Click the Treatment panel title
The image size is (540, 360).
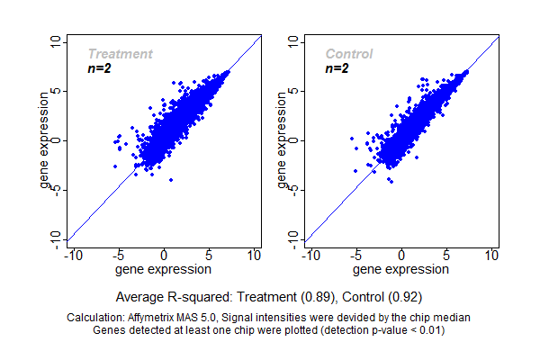[x=120, y=54]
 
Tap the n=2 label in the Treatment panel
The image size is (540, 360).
[x=98, y=67]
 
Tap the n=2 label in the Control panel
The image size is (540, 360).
[x=337, y=67]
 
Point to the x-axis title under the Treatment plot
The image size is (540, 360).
[x=164, y=268]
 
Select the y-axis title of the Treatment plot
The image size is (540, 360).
[x=46, y=140]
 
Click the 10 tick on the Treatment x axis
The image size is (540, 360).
[x=254, y=256]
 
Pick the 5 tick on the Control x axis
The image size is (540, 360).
[x=446, y=256]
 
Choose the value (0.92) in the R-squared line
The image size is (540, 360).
[x=404, y=296]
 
